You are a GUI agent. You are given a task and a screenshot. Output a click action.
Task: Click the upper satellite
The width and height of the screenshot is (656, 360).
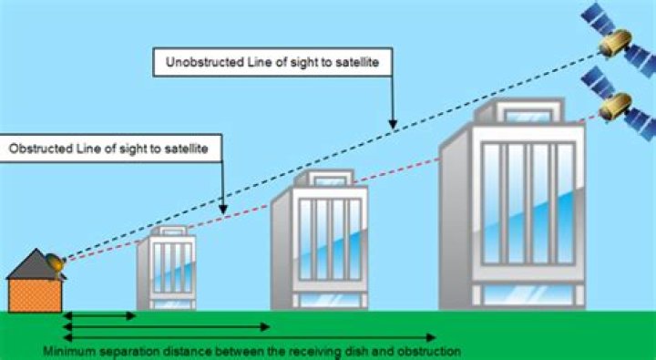(613, 38)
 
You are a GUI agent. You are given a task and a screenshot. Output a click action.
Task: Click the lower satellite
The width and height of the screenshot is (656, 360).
(618, 107)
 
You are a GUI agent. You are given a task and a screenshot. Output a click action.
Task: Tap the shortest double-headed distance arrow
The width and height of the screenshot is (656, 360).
(100, 316)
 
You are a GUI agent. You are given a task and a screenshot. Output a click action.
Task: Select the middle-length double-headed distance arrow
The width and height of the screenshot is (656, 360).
(168, 326)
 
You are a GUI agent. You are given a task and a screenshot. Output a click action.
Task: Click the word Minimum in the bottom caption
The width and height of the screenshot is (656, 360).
(68, 351)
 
